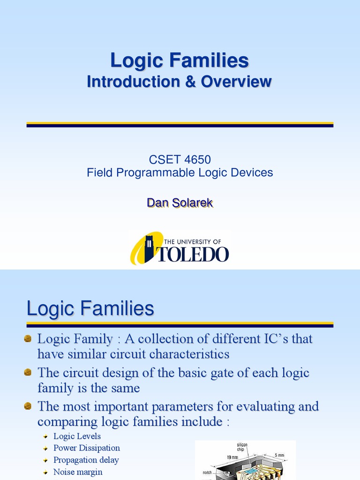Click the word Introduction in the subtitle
[133, 82]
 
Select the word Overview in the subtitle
[236, 82]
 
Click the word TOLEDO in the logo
[194, 254]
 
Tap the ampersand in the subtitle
[190, 82]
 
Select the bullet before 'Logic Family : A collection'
[28, 338]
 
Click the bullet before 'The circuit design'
[28, 373]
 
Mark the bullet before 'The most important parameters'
[28, 405]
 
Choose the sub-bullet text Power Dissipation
[87, 448]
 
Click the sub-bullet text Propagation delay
[86, 460]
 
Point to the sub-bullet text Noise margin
[78, 472]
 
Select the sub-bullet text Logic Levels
[77, 436]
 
